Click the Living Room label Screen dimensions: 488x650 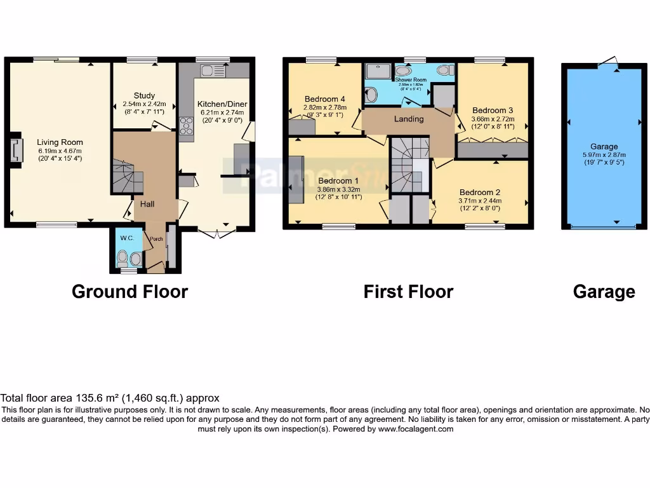pos(60,142)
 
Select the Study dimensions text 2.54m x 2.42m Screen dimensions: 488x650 pos(144,104)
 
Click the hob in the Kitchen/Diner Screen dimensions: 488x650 pos(187,126)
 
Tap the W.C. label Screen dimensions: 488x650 pos(126,238)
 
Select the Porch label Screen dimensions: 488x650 pos(156,240)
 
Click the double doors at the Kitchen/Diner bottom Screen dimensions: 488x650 pos(216,233)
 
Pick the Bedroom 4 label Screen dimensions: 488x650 pos(324,98)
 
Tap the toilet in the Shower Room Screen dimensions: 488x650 pos(446,71)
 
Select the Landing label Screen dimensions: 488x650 pos(409,119)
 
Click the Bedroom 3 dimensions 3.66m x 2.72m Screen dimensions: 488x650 pos(493,119)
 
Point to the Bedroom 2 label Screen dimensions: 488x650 pos(480,192)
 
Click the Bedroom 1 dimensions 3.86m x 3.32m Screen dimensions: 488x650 pos(338,189)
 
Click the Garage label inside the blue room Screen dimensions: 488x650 pos(604,146)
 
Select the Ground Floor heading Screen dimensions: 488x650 pos(129,292)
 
